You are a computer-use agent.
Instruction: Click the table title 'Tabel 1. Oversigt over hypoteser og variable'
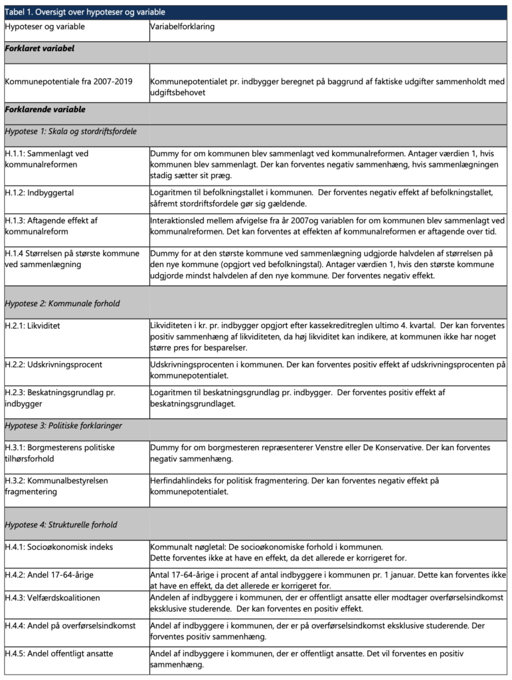(x=84, y=12)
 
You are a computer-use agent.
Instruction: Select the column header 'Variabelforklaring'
(x=183, y=28)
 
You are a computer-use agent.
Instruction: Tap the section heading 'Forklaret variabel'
(x=39, y=49)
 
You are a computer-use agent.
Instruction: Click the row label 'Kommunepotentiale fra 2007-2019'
(x=68, y=82)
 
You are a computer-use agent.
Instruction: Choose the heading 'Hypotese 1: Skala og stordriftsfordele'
(x=70, y=131)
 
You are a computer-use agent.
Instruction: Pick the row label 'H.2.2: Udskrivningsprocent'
(x=54, y=365)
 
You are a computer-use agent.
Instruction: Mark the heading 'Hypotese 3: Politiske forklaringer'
(x=63, y=425)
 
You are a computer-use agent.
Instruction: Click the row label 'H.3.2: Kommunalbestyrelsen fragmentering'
(x=56, y=485)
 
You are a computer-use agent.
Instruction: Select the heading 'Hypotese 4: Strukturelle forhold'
(x=61, y=525)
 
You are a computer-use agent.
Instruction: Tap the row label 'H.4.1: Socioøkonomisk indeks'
(x=59, y=547)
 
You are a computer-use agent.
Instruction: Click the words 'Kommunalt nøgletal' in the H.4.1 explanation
(x=185, y=547)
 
